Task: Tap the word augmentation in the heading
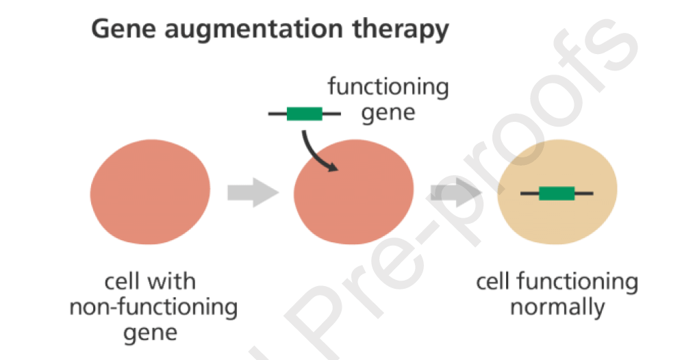pos(253,30)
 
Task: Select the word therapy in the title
pos(400,30)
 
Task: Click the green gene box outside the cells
pos(305,114)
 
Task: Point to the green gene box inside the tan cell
pos(557,193)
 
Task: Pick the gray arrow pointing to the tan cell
pos(456,192)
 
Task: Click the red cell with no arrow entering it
pos(150,192)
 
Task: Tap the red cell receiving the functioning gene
pos(353,192)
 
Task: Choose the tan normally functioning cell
pos(557,192)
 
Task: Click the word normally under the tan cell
pos(557,308)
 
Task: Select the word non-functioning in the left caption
pos(153,308)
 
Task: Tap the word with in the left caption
pos(170,281)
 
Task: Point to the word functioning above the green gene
pos(388,86)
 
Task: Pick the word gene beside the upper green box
pos(388,113)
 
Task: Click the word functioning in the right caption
pos(578,283)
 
